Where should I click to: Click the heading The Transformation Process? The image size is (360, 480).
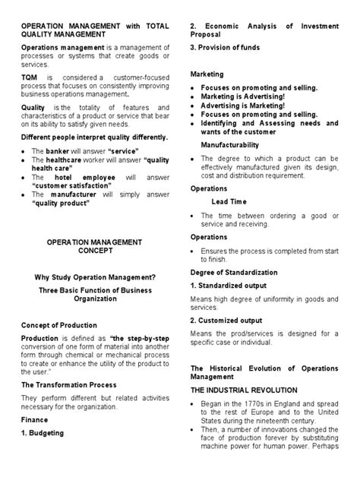pyautogui.click(x=70, y=384)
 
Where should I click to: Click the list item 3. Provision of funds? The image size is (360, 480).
pyautogui.click(x=224, y=48)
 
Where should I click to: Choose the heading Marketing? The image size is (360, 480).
pyautogui.click(x=207, y=74)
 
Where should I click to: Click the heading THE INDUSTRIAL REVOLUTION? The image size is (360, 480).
pyautogui.click(x=243, y=390)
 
